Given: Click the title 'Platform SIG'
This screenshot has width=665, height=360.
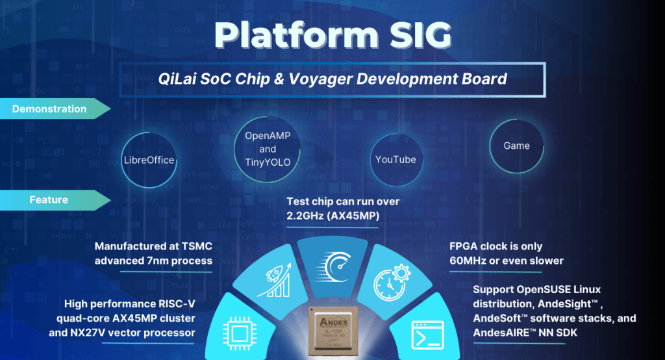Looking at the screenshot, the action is (333, 35).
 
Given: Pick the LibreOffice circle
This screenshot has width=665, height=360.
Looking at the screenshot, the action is (149, 160).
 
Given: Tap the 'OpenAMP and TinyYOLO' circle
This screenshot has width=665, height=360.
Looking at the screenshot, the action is (268, 149).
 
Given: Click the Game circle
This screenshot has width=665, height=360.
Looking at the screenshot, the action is (516, 146).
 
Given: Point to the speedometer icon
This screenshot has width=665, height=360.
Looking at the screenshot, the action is (333, 267).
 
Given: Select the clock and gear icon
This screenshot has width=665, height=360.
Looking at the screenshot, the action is (392, 282).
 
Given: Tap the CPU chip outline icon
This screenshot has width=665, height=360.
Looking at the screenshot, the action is (240, 333).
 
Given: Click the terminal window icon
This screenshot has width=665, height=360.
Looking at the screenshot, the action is (428, 335).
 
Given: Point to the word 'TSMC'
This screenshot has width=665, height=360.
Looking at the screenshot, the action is (197, 246).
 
